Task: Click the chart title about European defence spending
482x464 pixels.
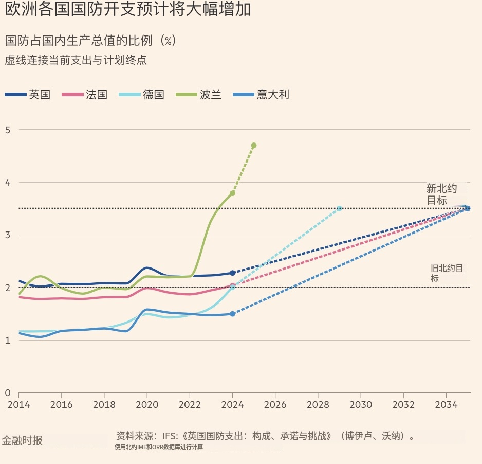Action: tap(128, 10)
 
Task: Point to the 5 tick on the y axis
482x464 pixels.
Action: tap(8, 130)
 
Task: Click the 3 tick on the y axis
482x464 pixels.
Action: tap(8, 235)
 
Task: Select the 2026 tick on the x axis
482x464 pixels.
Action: tap(275, 405)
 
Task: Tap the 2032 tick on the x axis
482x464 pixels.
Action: tap(403, 405)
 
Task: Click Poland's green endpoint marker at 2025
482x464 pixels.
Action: tap(254, 146)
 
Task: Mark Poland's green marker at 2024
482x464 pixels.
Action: tap(232, 193)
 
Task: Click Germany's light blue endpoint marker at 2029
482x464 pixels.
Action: tap(339, 208)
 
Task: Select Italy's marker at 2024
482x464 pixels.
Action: tap(232, 314)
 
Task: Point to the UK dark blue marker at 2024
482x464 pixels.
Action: tap(232, 273)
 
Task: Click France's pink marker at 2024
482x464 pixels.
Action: tap(232, 285)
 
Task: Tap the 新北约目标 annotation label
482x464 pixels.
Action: tap(441, 194)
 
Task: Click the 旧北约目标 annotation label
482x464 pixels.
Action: tap(447, 273)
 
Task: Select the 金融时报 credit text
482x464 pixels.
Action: tap(22, 441)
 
